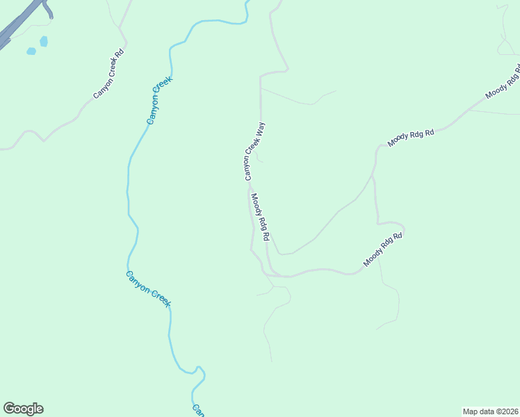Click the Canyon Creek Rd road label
click(x=108, y=72)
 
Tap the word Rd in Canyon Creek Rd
click(x=120, y=53)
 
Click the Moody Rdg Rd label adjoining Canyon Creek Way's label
click(x=260, y=217)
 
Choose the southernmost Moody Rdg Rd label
click(x=383, y=250)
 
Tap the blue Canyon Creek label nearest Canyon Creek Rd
click(x=159, y=101)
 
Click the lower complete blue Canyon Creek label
click(x=148, y=288)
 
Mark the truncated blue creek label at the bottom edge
click(x=198, y=410)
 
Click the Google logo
click(x=23, y=409)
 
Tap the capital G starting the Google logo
click(x=9, y=409)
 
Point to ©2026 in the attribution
click(x=506, y=411)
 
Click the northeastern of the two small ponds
click(x=44, y=42)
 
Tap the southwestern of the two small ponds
click(x=31, y=51)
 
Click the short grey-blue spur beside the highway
click(x=47, y=9)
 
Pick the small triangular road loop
click(x=505, y=46)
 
